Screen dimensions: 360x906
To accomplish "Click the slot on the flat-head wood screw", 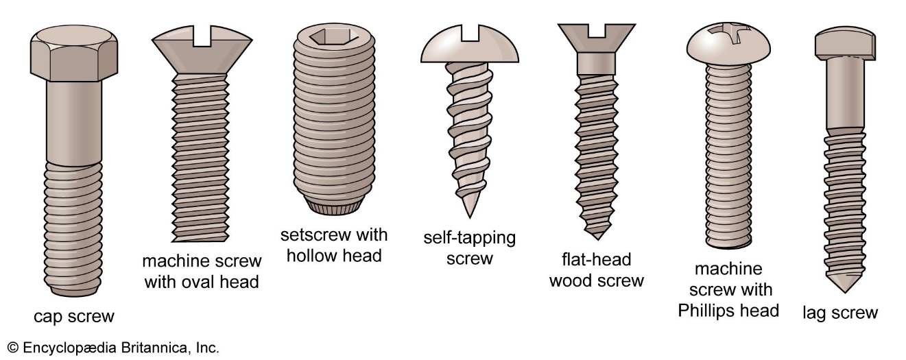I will [596, 31].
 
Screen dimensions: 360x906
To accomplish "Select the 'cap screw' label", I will [74, 316].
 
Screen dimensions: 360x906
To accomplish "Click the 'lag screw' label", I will [840, 313].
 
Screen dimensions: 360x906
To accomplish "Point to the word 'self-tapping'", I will [470, 239].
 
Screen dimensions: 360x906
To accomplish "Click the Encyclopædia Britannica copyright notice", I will [113, 347].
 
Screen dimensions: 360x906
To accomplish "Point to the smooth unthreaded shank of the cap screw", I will [73, 123].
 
